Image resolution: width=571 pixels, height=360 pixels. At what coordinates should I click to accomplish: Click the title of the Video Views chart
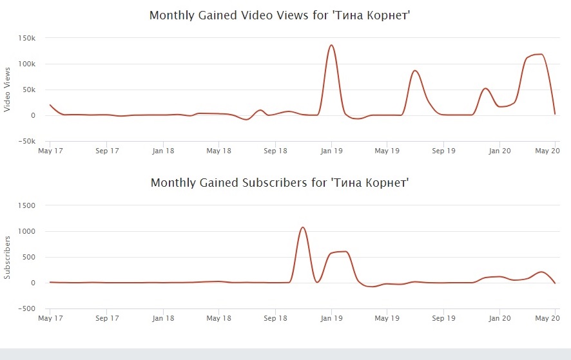[x=280, y=15]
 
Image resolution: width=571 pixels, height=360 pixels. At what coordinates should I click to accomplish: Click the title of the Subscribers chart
[x=280, y=183]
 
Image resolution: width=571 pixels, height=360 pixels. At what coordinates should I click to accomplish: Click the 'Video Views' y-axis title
[x=7, y=90]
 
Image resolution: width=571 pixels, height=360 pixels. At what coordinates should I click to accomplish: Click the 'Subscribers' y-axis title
[x=7, y=257]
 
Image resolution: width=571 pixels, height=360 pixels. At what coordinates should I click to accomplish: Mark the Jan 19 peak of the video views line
[x=331, y=45]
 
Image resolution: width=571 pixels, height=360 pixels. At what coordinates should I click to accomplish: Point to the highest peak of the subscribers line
[x=303, y=227]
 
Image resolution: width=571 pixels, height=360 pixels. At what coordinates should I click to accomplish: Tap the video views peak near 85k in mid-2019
[x=416, y=71]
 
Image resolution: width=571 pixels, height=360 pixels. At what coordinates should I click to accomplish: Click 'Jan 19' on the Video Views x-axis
[x=331, y=151]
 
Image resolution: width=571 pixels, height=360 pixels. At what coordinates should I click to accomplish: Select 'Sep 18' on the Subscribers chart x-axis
[x=275, y=318]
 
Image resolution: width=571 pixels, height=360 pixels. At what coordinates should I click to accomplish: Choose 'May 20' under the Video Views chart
[x=547, y=151]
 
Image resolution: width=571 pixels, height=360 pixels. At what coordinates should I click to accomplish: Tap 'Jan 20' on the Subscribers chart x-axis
[x=499, y=318]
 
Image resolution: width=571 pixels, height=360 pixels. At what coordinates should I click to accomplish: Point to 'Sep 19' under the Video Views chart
[x=443, y=151]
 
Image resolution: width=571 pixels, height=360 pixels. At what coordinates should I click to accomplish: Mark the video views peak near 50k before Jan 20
[x=486, y=88]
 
